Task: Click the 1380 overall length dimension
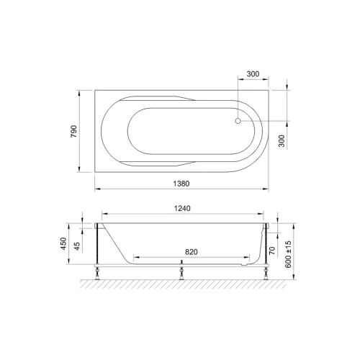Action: pos(181,184)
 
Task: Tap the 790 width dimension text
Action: pos(73,131)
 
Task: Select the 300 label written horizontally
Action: pos(253,74)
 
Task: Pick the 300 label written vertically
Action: pos(282,141)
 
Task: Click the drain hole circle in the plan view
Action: pos(238,121)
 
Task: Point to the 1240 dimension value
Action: pos(182,208)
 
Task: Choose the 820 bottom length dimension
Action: pos(192,252)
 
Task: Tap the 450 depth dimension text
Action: pos(63,243)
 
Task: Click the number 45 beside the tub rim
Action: pos(77,246)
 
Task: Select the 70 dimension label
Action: pos(272,251)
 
